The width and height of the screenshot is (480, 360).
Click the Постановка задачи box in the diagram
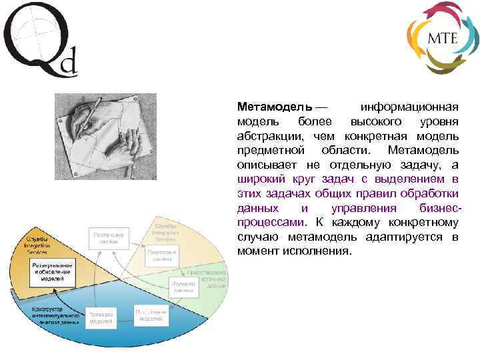point(109,238)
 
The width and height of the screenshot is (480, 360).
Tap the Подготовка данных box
point(162,257)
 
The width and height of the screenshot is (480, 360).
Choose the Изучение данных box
point(183,287)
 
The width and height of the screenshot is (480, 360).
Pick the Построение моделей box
point(151,315)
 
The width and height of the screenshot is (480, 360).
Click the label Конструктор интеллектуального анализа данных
point(55,315)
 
